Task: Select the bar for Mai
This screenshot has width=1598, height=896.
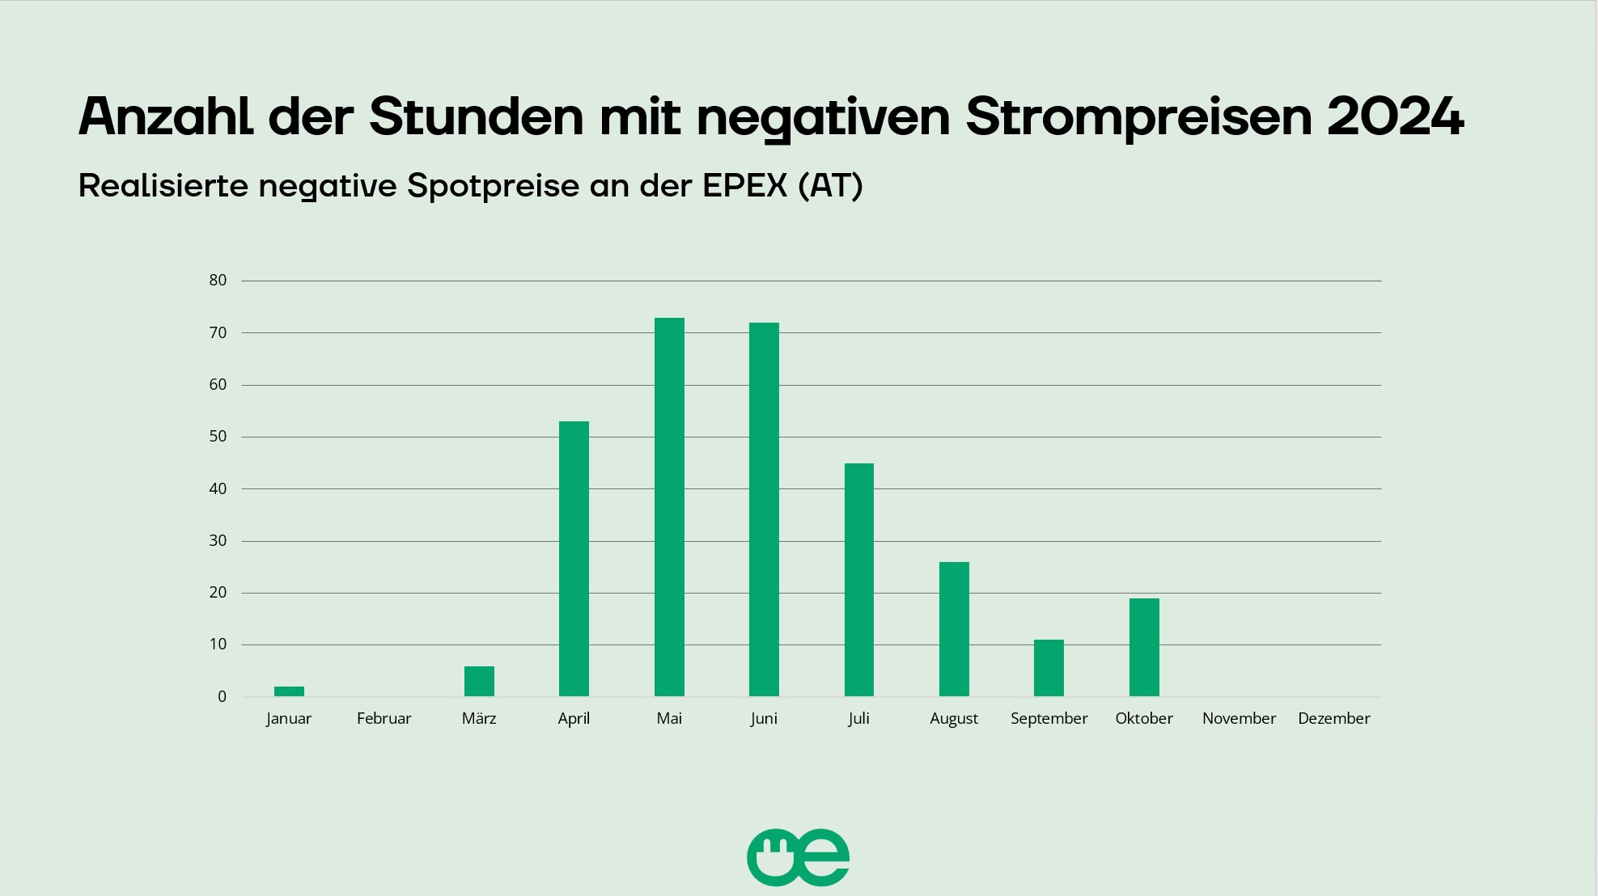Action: click(669, 507)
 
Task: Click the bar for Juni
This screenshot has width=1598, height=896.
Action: click(764, 509)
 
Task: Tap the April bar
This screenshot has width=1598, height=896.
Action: click(574, 559)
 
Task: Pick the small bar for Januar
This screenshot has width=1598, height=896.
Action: click(289, 691)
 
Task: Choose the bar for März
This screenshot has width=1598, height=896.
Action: click(479, 682)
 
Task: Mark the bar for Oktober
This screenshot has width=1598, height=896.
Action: click(1144, 647)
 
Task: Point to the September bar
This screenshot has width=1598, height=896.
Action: click(1049, 668)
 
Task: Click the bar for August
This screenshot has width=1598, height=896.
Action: click(954, 629)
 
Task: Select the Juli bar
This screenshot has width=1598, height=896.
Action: click(858, 580)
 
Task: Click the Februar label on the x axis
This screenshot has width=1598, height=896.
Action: click(384, 718)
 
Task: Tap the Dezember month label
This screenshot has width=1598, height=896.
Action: click(1333, 718)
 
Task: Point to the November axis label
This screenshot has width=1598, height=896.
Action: click(1239, 718)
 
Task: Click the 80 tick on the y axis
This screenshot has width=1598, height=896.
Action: click(218, 281)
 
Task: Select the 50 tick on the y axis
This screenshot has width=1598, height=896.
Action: click(218, 437)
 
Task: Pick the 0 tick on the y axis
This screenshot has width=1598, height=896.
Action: click(222, 697)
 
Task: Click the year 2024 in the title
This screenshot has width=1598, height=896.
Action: click(1395, 116)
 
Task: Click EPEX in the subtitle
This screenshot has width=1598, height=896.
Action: click(744, 186)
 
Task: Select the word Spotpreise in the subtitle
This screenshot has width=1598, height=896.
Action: click(493, 187)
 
